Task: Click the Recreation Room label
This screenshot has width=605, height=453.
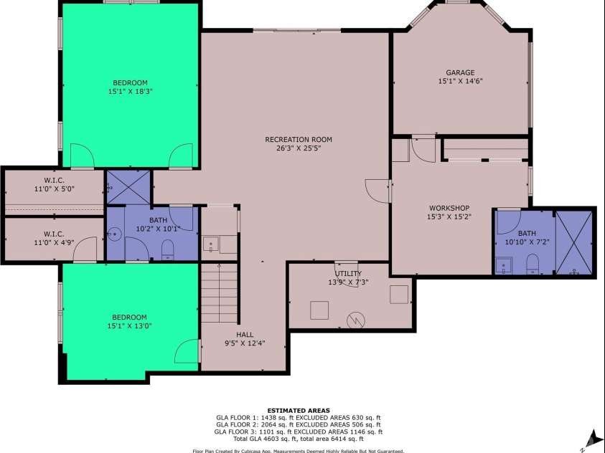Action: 299,140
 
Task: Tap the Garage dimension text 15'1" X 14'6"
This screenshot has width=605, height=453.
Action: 460,81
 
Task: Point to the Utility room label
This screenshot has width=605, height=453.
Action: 348,274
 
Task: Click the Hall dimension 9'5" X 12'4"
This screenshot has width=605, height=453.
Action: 245,343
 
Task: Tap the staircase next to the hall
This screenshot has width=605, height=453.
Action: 219,292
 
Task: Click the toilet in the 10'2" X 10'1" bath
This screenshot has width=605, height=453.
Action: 167,249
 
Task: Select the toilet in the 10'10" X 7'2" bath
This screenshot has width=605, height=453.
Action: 533,264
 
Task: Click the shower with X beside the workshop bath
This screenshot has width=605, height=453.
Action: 573,243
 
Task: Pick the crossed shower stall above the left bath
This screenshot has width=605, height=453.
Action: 128,187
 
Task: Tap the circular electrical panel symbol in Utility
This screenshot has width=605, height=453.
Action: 356,320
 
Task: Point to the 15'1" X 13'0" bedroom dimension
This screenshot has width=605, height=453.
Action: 129,326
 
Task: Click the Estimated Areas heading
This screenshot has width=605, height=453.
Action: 299,411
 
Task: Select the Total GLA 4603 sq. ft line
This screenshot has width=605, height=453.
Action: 299,439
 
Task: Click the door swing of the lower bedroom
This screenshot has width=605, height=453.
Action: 187,351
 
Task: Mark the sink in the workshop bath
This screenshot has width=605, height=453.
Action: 504,265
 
